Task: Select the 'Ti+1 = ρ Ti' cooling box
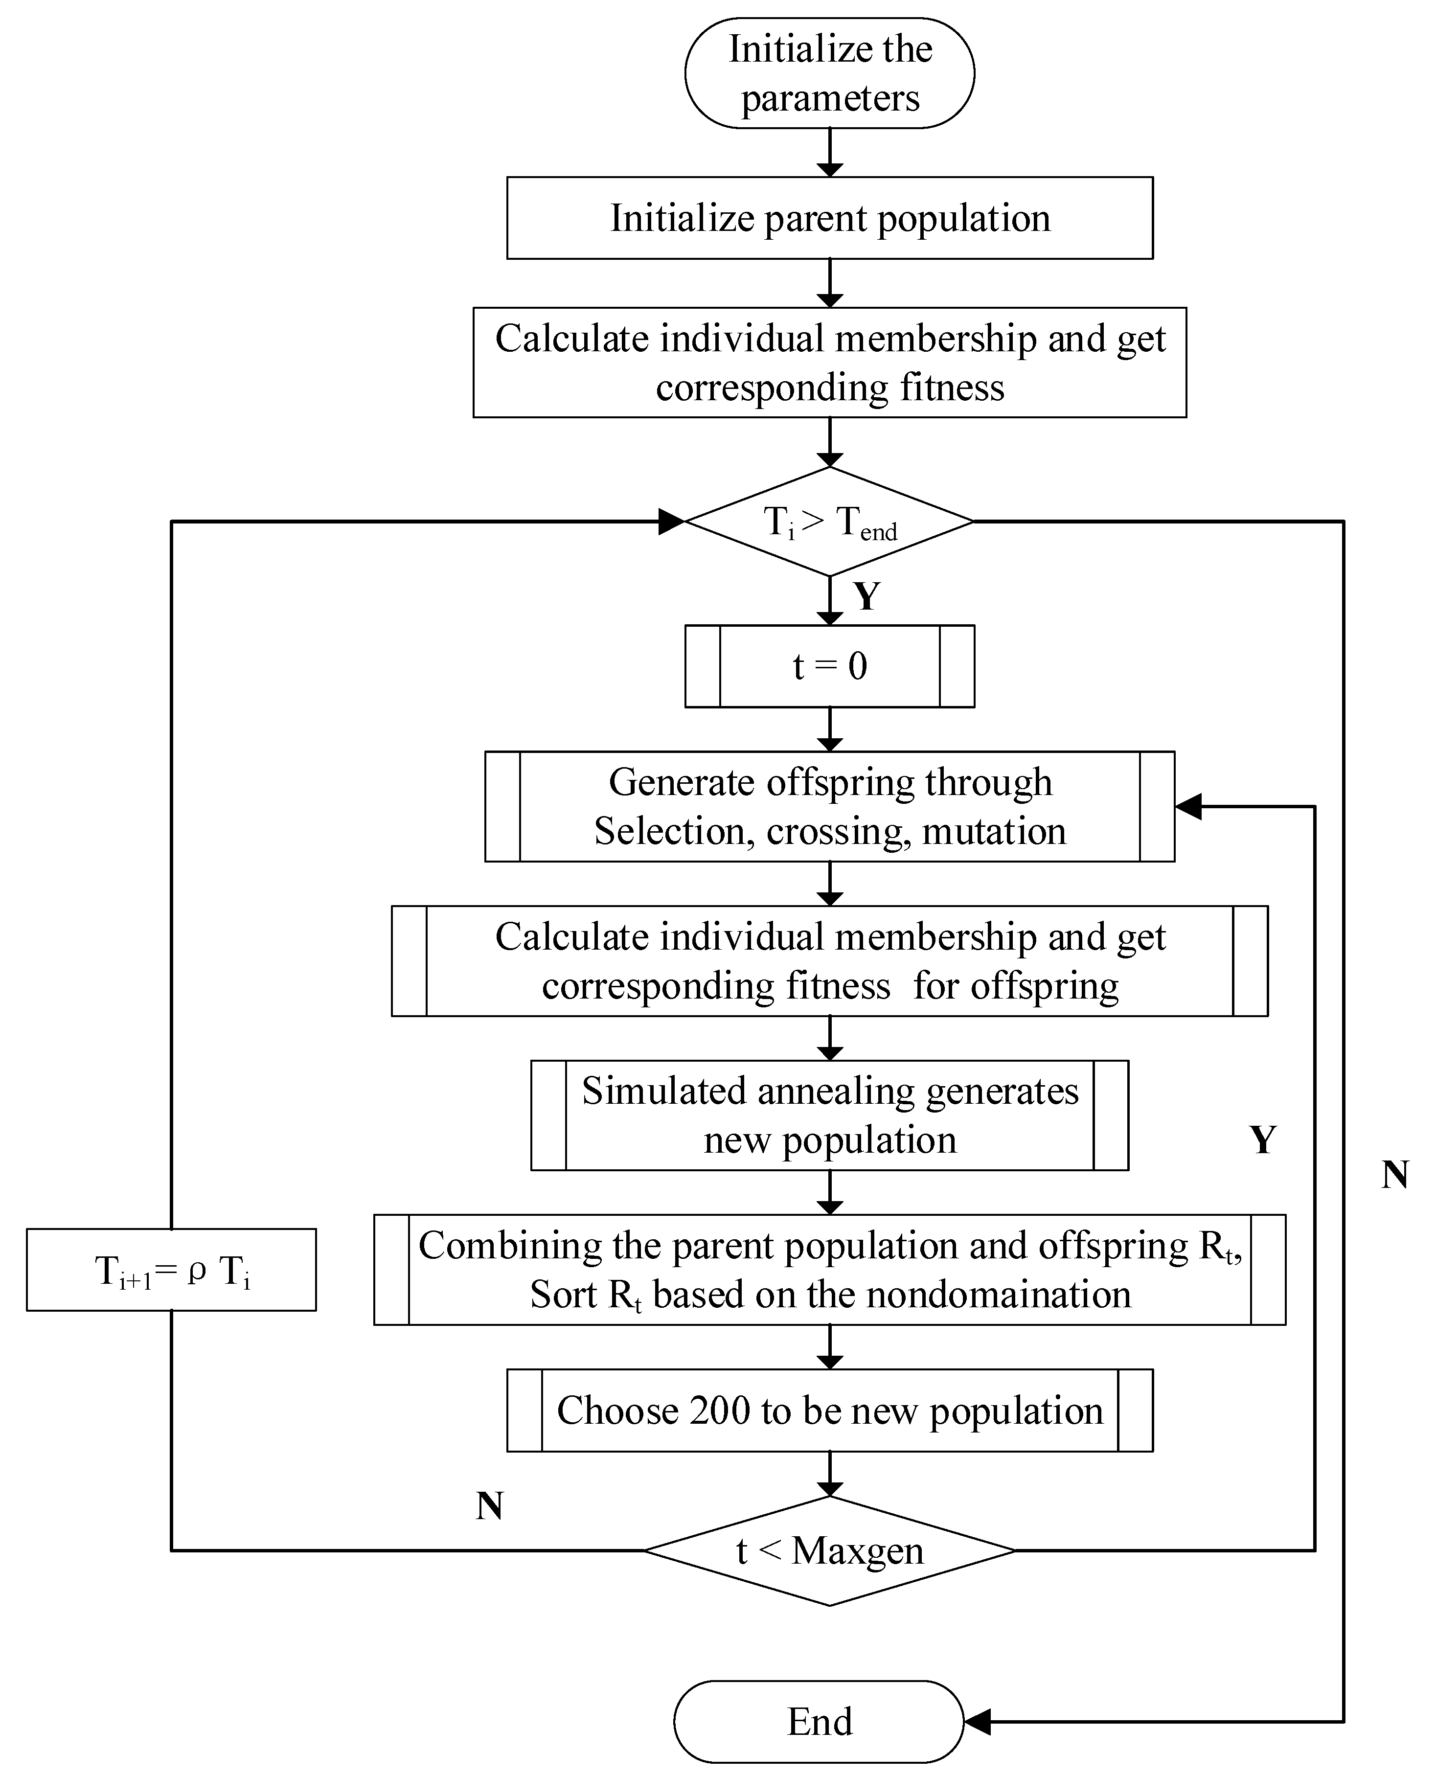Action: click(x=171, y=1270)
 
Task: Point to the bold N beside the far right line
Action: click(x=1394, y=1175)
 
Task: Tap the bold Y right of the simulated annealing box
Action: click(x=1262, y=1140)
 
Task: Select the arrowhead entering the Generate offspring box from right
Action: click(x=1188, y=806)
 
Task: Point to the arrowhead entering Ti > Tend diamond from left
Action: click(x=672, y=521)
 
